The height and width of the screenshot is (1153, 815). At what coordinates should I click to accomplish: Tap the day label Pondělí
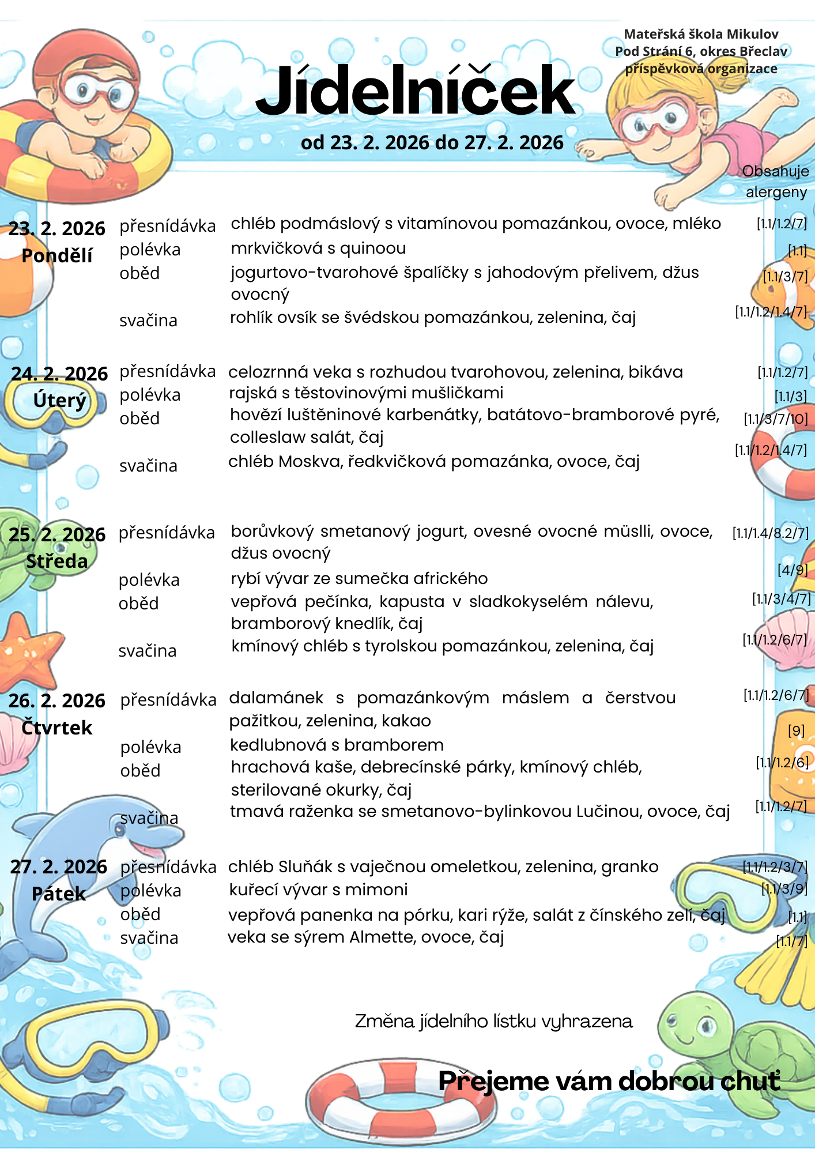(56, 255)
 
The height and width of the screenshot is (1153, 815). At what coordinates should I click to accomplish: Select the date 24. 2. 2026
(59, 374)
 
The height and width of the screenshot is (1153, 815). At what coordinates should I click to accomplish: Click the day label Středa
(56, 561)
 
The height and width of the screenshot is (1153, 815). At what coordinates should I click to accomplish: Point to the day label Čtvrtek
(56, 728)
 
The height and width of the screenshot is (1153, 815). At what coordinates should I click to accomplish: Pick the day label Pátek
(58, 894)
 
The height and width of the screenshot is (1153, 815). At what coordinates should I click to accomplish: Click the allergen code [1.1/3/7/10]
(775, 419)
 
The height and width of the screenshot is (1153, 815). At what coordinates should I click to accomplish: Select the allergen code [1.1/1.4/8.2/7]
(770, 533)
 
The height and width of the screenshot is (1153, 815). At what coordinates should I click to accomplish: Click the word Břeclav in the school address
(764, 51)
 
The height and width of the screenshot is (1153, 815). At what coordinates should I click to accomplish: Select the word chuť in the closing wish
(750, 1081)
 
